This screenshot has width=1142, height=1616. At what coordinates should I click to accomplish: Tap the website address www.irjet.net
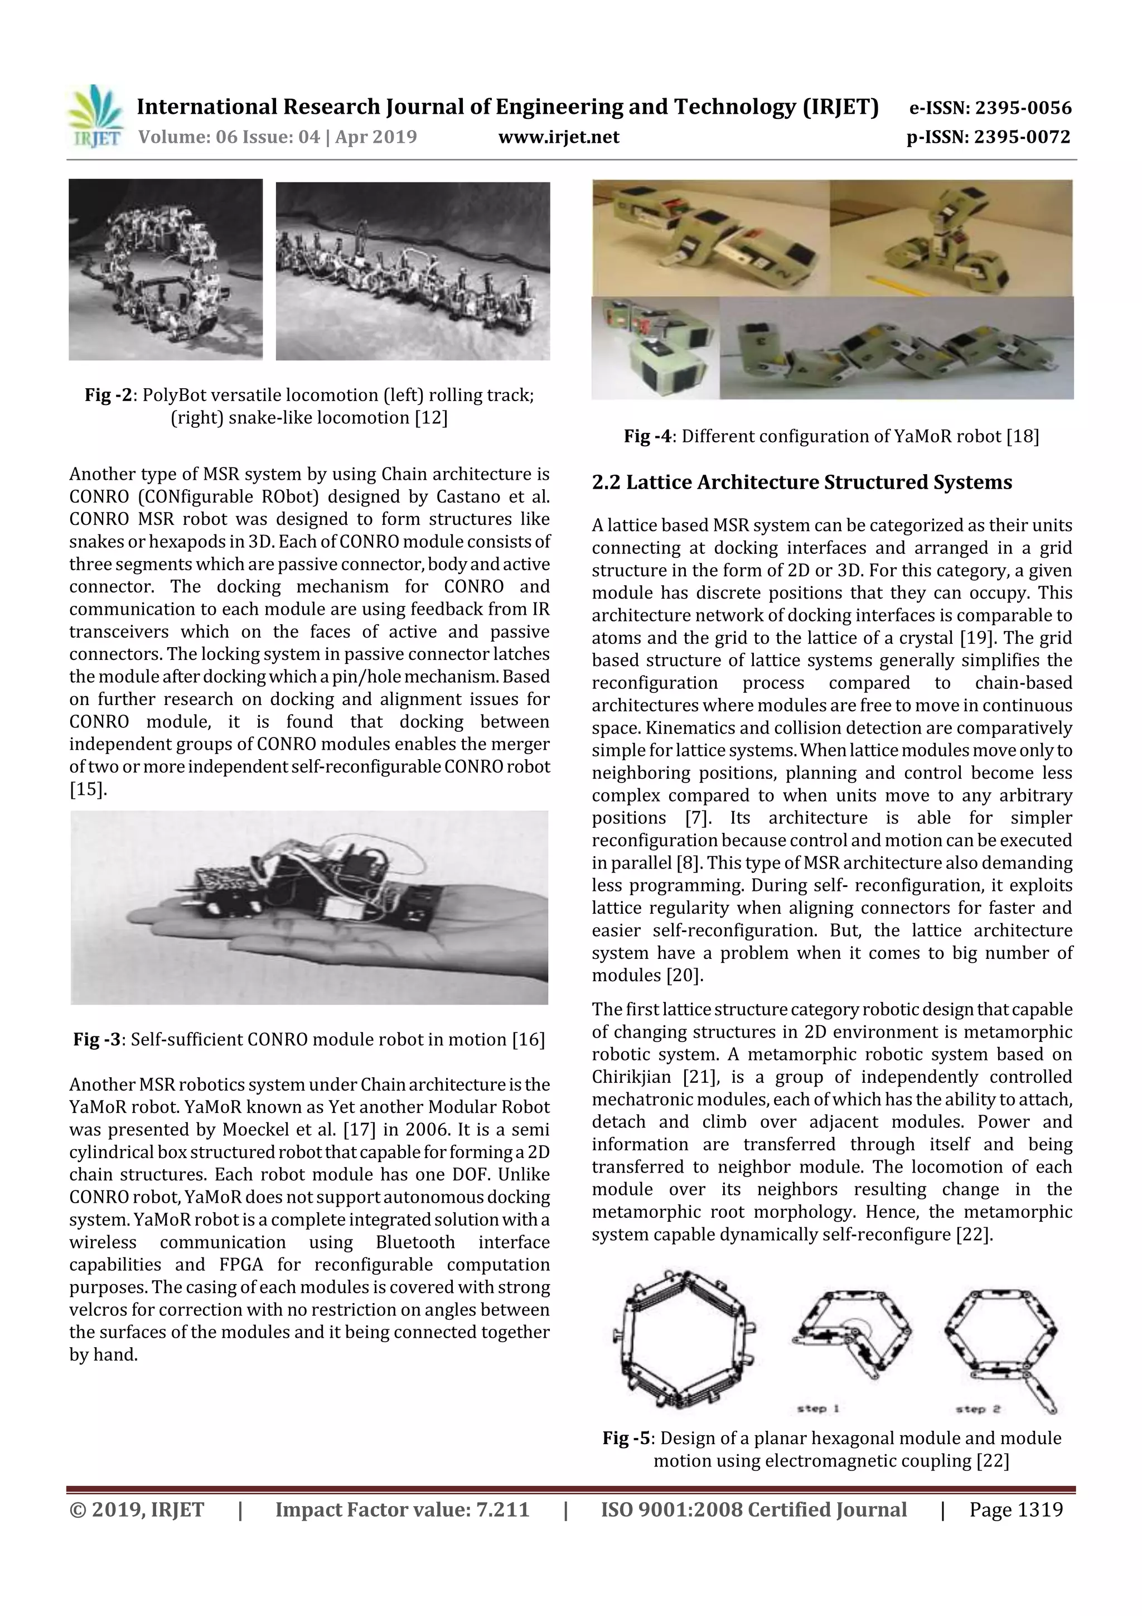point(559,137)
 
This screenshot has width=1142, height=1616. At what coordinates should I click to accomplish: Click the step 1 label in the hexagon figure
point(819,1408)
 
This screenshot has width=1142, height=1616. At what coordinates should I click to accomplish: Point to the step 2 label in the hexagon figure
point(978,1408)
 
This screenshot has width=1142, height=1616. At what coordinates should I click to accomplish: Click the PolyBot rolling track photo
point(166,269)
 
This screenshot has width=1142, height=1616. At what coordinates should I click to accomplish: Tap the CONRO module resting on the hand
point(309,890)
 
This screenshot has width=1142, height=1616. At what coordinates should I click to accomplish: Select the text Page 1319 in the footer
point(1015,1509)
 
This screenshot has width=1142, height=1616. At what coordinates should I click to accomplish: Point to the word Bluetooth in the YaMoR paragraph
point(414,1242)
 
